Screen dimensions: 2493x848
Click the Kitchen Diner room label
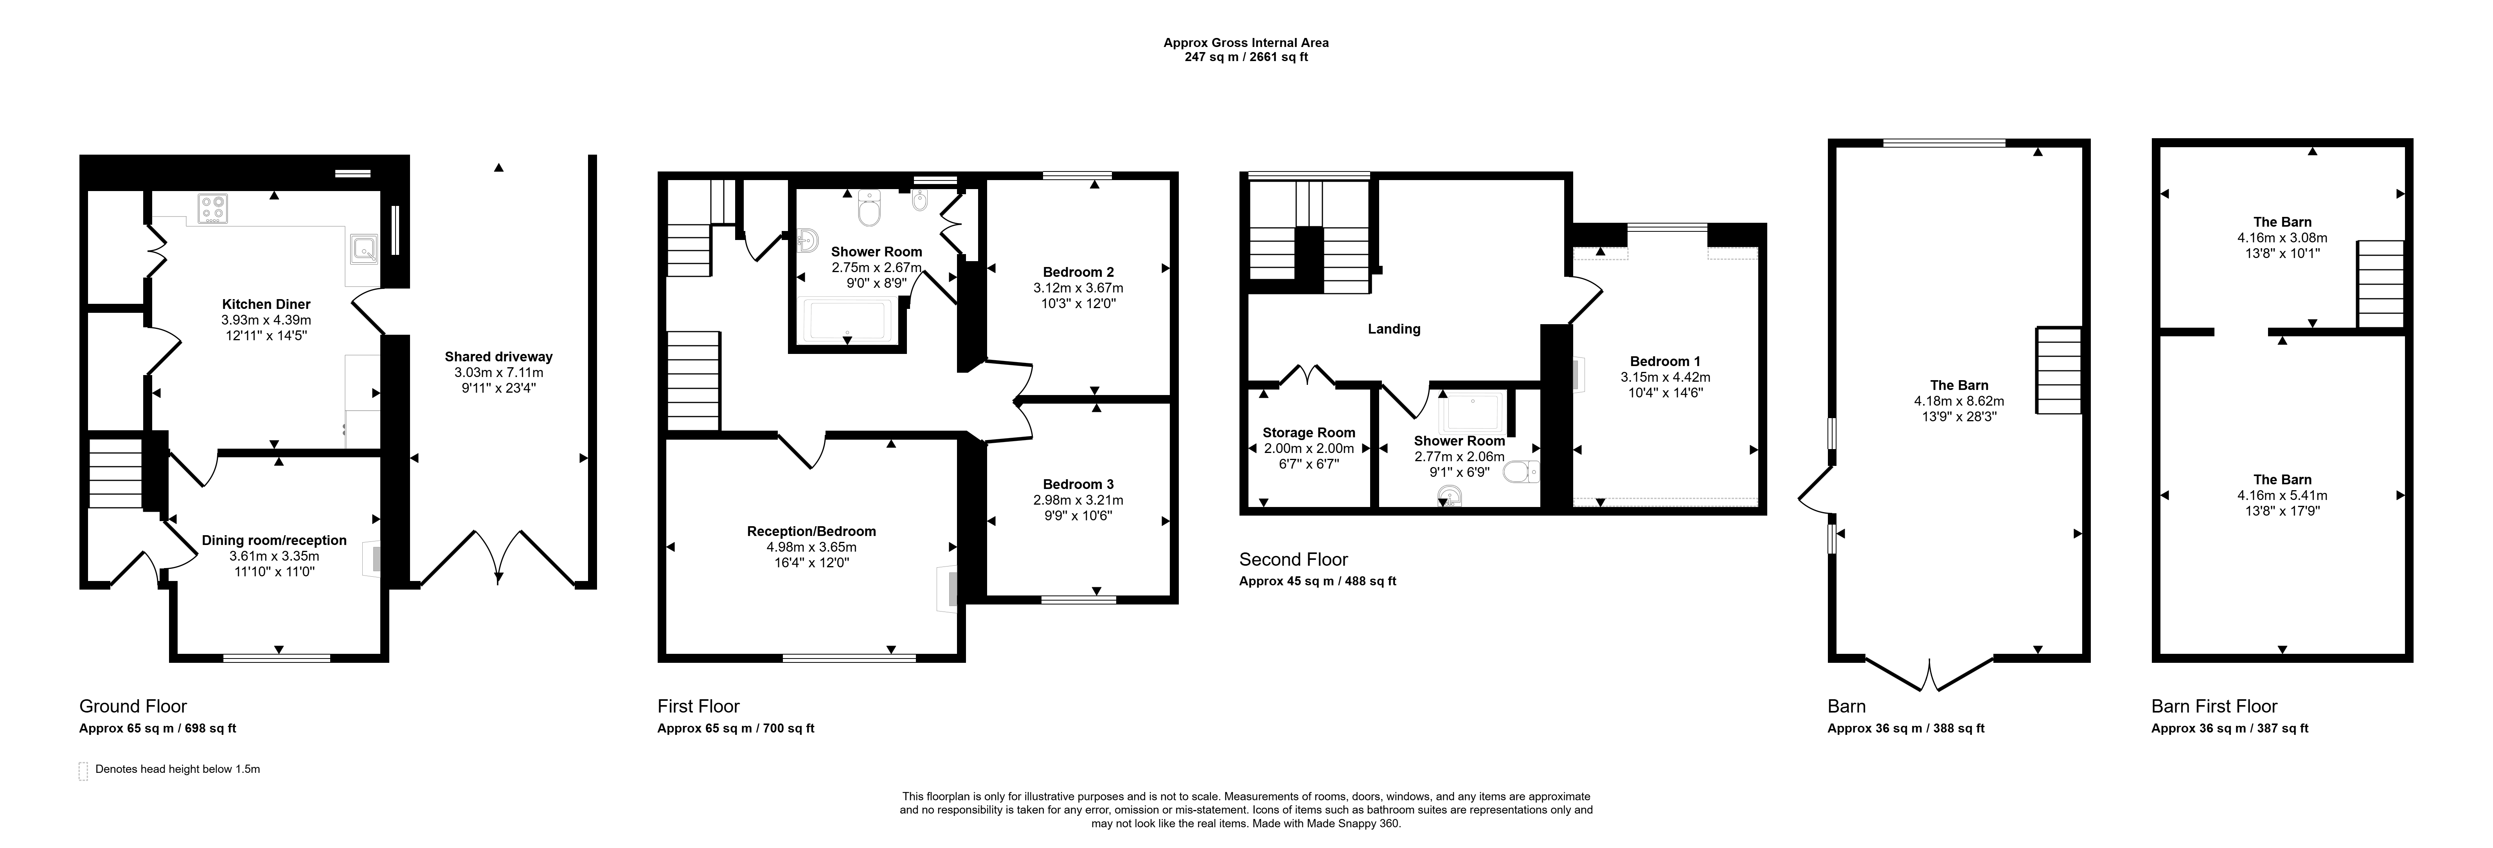[266, 304]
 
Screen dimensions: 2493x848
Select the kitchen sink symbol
[363, 250]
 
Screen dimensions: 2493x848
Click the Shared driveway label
[498, 356]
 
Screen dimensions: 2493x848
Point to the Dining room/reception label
[274, 540]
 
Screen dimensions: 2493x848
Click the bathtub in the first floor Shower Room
[849, 321]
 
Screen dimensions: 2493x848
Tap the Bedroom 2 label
[1078, 272]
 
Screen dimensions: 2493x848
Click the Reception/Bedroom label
[811, 530]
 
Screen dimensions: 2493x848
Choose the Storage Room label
[1308, 433]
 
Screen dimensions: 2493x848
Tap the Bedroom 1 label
[1665, 361]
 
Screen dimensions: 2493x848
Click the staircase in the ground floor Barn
[2058, 371]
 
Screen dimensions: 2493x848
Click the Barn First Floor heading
[2214, 706]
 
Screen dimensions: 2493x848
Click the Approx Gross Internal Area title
[1246, 43]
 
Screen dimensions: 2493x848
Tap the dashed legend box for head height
[83, 770]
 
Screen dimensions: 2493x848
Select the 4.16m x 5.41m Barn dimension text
[2282, 495]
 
